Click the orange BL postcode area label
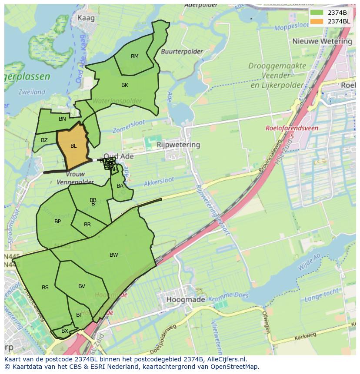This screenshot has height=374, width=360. pos(73,146)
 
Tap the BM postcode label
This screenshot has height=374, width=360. pos(135,56)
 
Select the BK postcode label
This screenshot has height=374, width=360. pos(125,85)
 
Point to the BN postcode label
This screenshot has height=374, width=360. pos(62,119)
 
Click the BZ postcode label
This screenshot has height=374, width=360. pos(44,140)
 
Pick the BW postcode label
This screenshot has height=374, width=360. pos(114,255)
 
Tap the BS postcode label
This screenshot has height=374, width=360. pos(45,288)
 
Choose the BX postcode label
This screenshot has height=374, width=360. pos(65,331)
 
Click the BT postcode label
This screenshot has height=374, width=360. pos(79,315)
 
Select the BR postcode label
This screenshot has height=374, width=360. pos(87,225)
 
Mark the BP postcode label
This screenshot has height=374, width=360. pos(57,222)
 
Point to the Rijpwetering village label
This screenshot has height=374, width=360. pos(179,145)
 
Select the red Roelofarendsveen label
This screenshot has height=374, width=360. pos(292,129)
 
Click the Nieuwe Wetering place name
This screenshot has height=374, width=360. pos(322,41)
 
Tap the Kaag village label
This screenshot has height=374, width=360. pos(86,18)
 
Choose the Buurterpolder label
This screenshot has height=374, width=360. pos(182,51)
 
